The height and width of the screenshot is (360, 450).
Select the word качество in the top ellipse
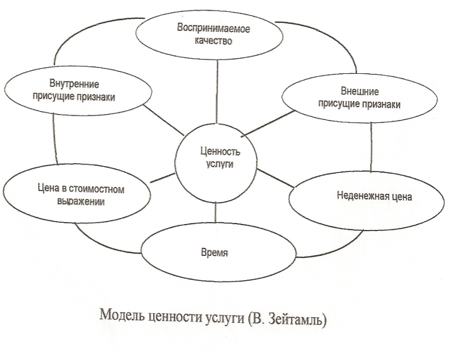214,41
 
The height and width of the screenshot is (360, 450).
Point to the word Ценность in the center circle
215,153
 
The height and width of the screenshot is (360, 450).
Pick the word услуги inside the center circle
215,166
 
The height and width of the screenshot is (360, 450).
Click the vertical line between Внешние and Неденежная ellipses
371,148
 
